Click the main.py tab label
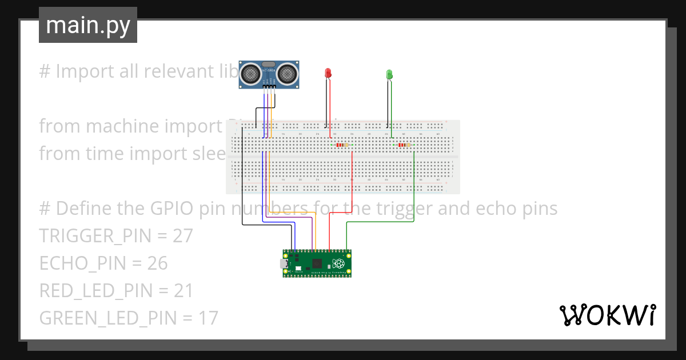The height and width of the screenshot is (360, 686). (x=87, y=25)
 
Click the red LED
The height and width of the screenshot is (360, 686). (x=328, y=73)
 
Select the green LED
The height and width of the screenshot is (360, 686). (x=389, y=74)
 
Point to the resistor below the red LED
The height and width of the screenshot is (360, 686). (x=342, y=145)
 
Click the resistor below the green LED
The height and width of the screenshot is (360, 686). (x=403, y=145)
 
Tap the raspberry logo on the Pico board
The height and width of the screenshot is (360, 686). (x=340, y=263)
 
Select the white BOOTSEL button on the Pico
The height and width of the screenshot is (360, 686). (x=298, y=267)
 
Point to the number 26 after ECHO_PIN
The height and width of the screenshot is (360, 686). (x=157, y=263)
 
